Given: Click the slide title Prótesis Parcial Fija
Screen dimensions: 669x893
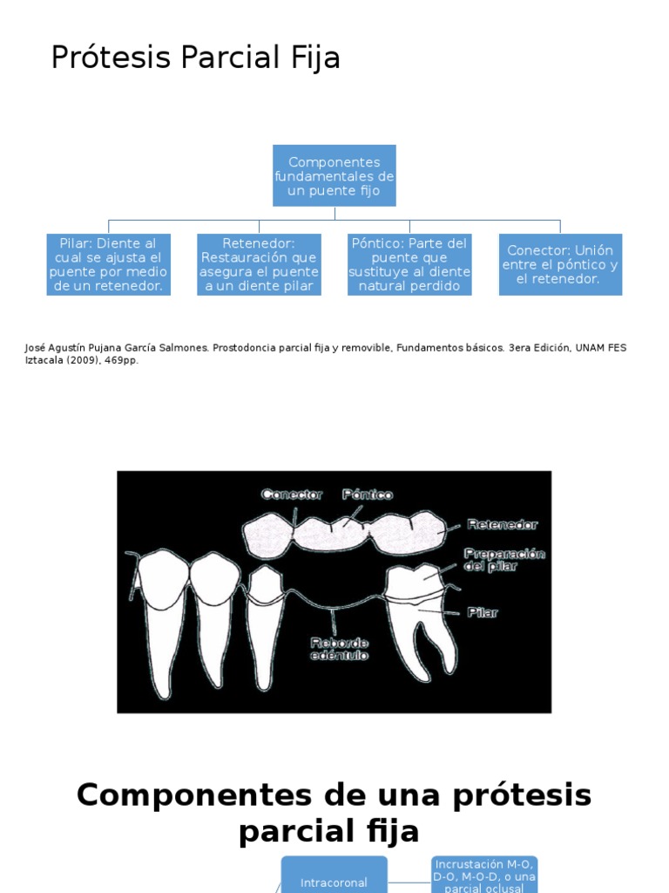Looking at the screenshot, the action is tap(195, 58).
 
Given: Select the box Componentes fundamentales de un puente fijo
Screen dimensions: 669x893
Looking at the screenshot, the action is tap(334, 176).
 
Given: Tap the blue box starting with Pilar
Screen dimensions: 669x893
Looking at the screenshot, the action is tap(109, 264).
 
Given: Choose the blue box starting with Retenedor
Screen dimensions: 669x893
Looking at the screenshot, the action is tap(259, 264).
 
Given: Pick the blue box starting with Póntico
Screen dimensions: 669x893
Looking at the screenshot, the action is tap(409, 264).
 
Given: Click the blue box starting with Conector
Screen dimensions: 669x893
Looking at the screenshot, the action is tap(560, 264).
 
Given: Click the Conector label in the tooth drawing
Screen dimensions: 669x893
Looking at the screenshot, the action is tap(293, 494).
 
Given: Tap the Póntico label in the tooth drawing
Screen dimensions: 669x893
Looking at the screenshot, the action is tap(367, 494).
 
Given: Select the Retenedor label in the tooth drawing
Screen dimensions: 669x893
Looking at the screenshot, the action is tap(503, 525).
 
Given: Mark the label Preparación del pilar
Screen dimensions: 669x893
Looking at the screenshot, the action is tap(504, 560).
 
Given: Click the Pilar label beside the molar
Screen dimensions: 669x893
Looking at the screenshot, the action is tap(482, 612).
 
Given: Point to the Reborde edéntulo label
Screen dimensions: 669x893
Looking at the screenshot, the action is tap(339, 649).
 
